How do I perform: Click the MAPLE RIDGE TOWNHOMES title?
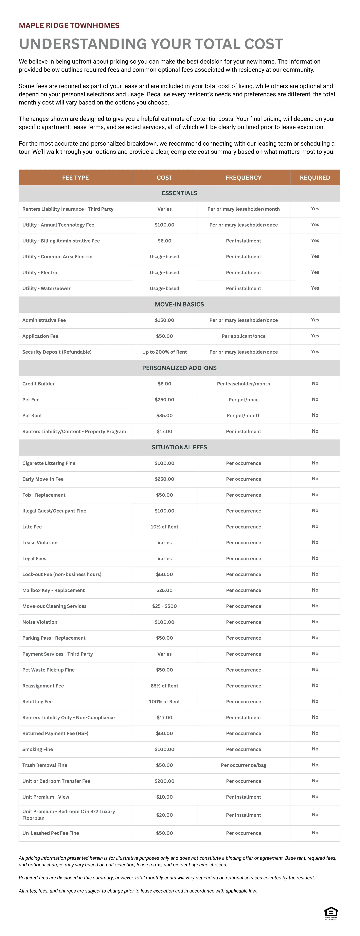[69, 25]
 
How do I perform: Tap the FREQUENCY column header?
[243, 178]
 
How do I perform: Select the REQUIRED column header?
[315, 178]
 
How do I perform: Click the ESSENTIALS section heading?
[179, 193]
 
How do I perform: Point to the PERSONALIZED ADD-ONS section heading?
[179, 368]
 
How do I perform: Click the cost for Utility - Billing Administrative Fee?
[164, 241]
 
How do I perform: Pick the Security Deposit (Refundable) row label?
[57, 352]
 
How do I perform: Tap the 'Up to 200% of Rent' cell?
[164, 352]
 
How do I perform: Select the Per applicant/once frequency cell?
[243, 336]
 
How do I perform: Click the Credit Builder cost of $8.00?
[164, 384]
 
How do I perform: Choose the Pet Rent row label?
[32, 416]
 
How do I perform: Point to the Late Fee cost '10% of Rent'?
[164, 527]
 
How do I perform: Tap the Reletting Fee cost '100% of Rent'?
[164, 702]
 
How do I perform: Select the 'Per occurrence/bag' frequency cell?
[243, 765]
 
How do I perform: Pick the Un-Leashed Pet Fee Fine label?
[51, 833]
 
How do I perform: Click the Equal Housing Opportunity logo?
[331, 913]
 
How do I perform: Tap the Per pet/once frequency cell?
[243, 400]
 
